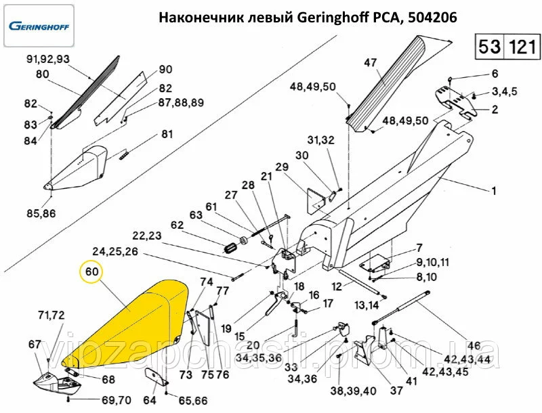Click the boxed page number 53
pyautogui.click(x=490, y=47)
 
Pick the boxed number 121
pyautogui.click(x=522, y=47)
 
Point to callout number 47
pyautogui.click(x=370, y=63)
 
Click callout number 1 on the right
pyautogui.click(x=494, y=192)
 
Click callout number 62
pyautogui.click(x=177, y=225)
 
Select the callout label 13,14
pyautogui.click(x=367, y=305)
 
